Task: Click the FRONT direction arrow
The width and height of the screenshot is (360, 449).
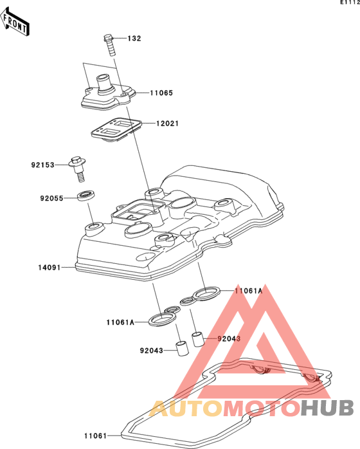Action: point(14,22)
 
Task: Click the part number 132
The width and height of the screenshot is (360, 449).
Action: point(134,39)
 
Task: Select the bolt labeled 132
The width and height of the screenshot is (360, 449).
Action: point(109,45)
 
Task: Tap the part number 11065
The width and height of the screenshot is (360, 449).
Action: point(161,93)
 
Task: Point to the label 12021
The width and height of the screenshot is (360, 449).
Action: point(167,124)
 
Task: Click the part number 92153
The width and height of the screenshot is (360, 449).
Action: point(42,165)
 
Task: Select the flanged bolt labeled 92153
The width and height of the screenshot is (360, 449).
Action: point(78,169)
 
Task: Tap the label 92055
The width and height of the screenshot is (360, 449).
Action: point(51,198)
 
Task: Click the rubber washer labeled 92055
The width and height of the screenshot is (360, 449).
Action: point(86,196)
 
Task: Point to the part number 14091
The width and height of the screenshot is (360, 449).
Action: point(50,268)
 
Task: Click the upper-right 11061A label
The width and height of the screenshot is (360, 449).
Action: point(248,291)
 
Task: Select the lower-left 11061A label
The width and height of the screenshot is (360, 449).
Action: point(120,322)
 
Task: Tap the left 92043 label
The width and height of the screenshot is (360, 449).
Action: point(151,351)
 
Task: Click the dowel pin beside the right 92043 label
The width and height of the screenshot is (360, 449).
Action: point(198,339)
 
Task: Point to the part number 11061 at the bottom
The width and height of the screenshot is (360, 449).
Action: point(95,436)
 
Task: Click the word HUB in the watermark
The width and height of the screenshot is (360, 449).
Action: point(327,408)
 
